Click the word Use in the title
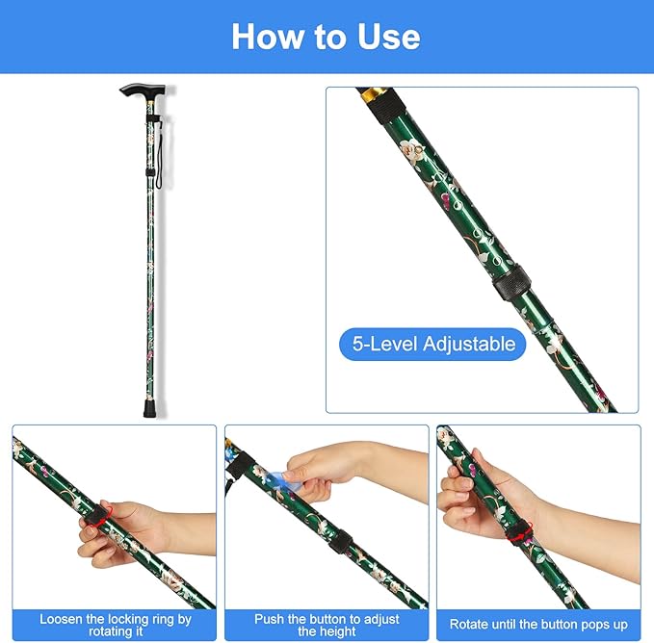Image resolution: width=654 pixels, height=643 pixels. coord(388,37)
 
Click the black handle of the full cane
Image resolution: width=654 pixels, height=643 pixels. coord(143,90)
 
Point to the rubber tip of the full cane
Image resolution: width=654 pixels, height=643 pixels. coord(150,408)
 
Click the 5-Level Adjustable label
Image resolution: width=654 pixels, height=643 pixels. coord(432,345)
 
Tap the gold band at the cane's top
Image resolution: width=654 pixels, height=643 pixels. coord(374,95)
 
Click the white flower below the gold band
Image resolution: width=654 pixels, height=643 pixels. coord(411,149)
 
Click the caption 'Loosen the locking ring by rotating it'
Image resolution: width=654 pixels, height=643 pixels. coord(116,625)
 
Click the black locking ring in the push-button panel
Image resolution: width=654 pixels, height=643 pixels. coord(340,542)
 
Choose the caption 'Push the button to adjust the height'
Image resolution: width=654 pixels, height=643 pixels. coord(327,625)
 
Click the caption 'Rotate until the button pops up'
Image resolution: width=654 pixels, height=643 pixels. coord(538,625)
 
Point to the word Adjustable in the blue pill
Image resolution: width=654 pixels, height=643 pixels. coord(469,345)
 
